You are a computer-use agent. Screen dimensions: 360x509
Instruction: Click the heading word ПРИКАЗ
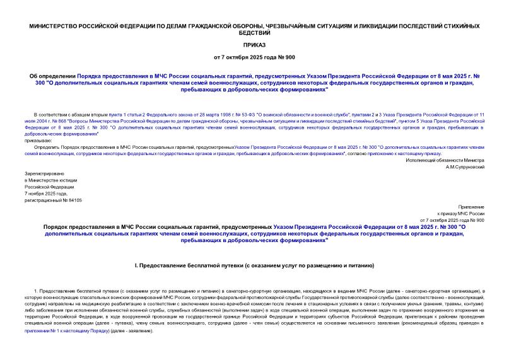click(254, 46)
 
